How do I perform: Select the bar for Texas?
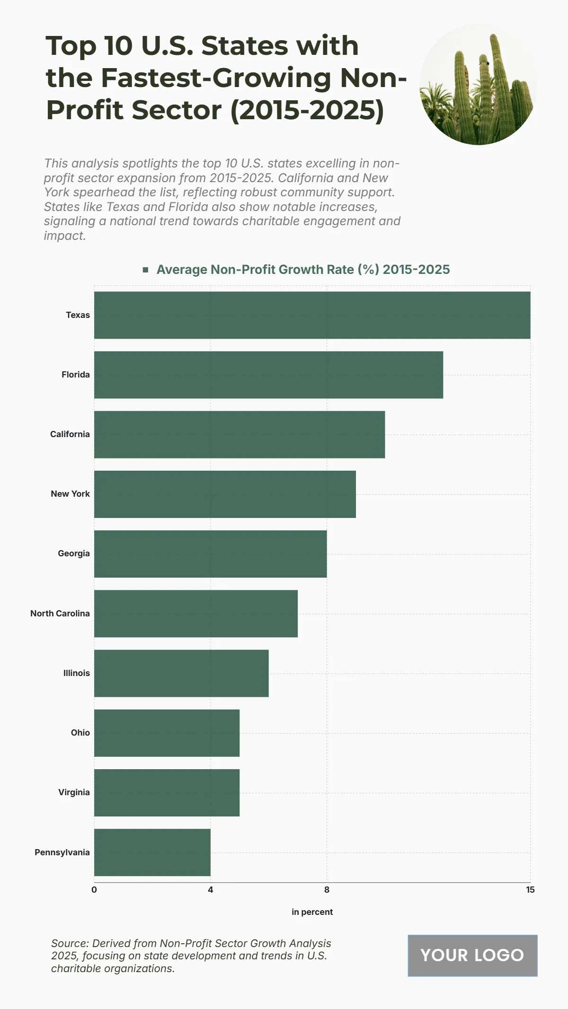(x=312, y=315)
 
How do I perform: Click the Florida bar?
(x=268, y=375)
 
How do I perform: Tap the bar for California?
(x=240, y=434)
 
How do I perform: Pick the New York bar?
(x=225, y=494)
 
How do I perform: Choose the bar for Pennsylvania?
(x=152, y=852)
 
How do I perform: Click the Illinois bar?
(x=181, y=673)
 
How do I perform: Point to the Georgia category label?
(x=74, y=553)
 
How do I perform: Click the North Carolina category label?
(x=60, y=614)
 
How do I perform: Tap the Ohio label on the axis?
(x=80, y=733)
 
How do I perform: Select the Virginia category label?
(x=74, y=792)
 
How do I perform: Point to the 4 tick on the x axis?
(x=210, y=890)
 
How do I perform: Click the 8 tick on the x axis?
(x=327, y=890)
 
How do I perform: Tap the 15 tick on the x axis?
(x=530, y=890)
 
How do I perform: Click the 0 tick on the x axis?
(x=94, y=890)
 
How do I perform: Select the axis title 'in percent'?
(x=312, y=912)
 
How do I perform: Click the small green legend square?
(x=146, y=270)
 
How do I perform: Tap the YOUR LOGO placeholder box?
(x=472, y=956)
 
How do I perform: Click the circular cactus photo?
(x=479, y=85)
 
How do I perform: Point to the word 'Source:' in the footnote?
(x=70, y=943)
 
